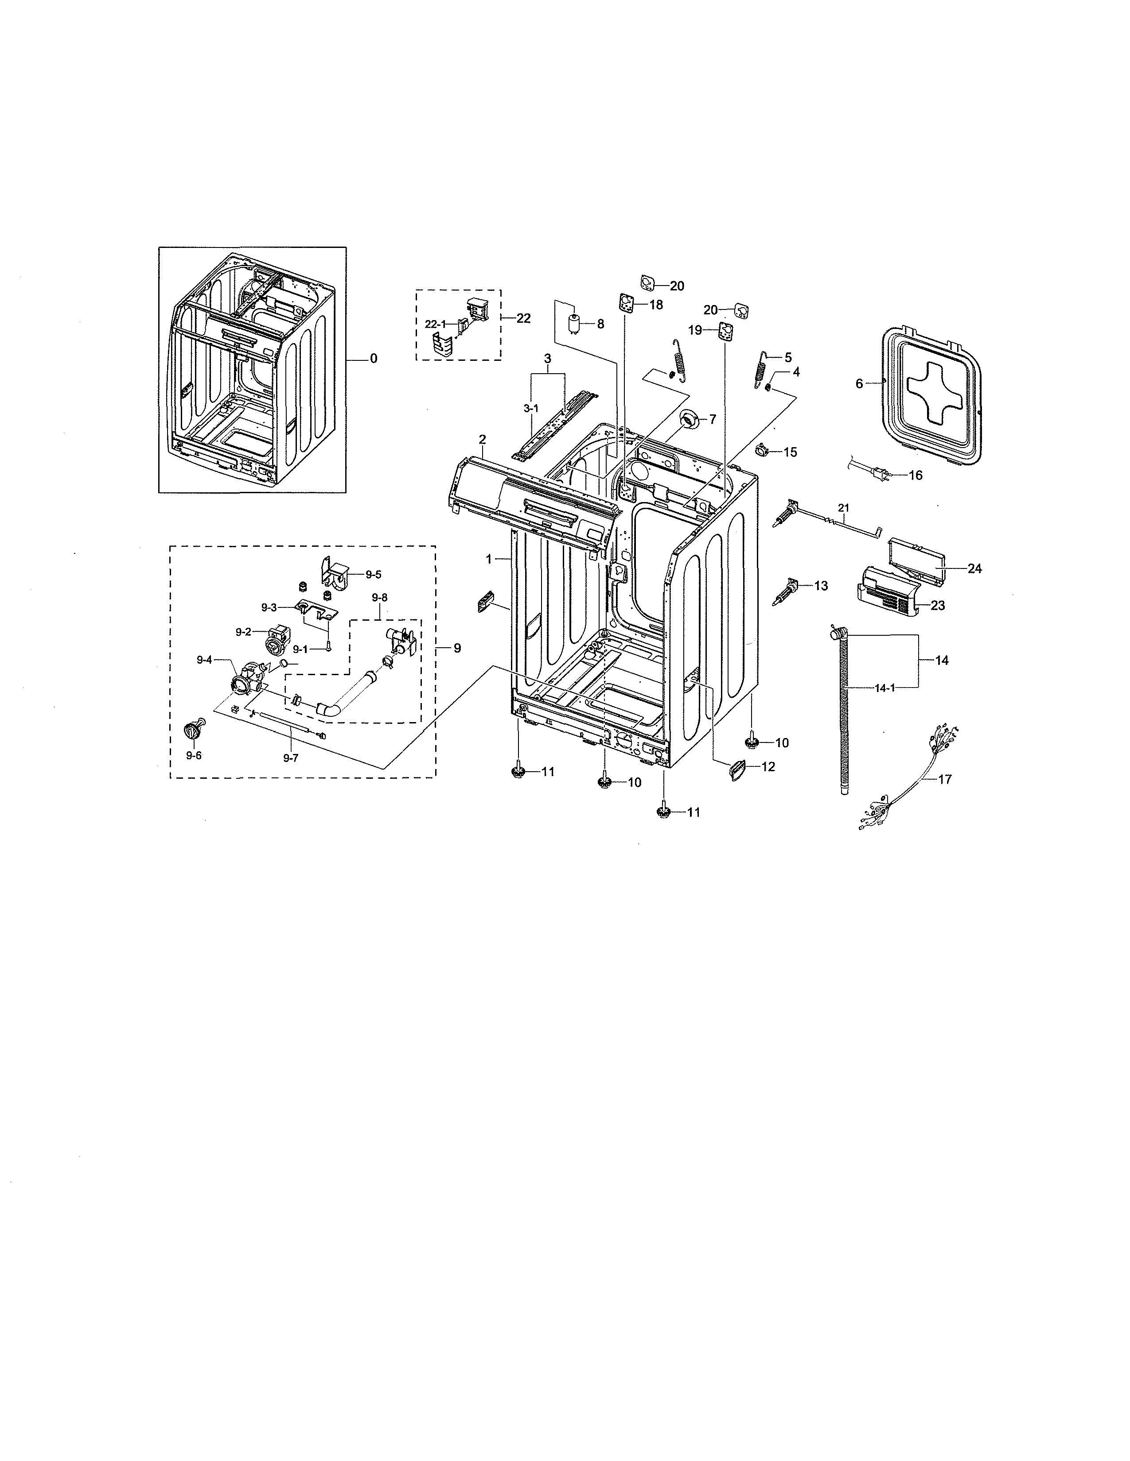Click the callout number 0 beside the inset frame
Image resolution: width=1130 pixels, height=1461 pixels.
point(374,359)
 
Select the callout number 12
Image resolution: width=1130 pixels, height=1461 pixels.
point(768,767)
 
